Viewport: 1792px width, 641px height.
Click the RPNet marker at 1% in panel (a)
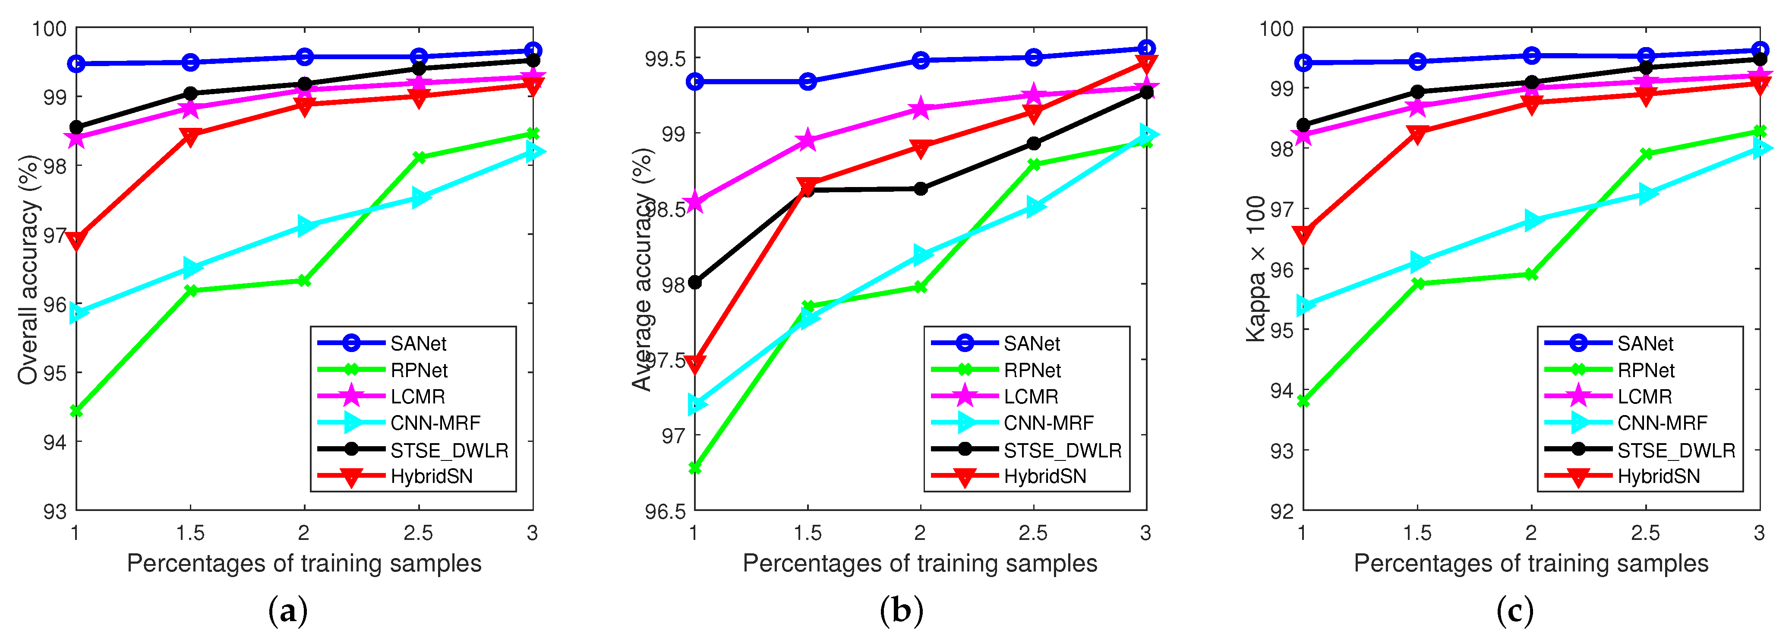[76, 411]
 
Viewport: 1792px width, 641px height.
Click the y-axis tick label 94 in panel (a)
[55, 442]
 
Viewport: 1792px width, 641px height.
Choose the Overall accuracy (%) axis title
[28, 270]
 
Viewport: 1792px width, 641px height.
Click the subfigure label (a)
[287, 612]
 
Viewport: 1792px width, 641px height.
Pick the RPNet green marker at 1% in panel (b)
[694, 468]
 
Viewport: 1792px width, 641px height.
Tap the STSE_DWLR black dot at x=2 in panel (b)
[920, 189]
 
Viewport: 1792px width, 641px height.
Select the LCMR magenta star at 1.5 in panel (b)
[808, 140]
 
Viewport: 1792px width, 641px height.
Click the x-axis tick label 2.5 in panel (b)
[1033, 533]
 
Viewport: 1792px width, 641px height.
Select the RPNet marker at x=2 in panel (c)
[1531, 275]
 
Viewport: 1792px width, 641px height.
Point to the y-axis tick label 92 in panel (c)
[1282, 511]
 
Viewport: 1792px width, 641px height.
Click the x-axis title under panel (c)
[1530, 563]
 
